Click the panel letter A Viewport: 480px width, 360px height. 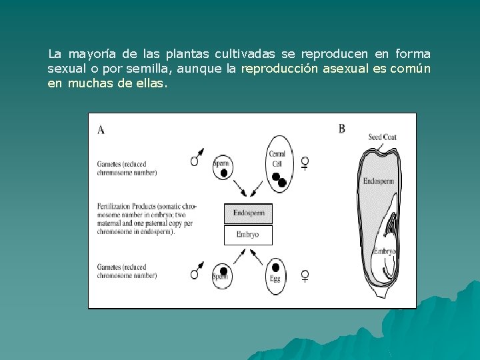[101, 130]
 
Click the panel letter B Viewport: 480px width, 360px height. [342, 129]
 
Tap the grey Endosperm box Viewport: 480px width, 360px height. [249, 213]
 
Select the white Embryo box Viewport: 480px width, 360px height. [248, 235]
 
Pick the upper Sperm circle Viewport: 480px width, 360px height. [223, 167]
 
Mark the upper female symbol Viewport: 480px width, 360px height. [305, 163]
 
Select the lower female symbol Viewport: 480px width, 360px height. [305, 275]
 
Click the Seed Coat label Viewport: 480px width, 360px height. [382, 137]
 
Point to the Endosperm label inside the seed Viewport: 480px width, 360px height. [379, 181]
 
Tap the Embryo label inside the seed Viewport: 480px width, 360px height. [385, 251]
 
